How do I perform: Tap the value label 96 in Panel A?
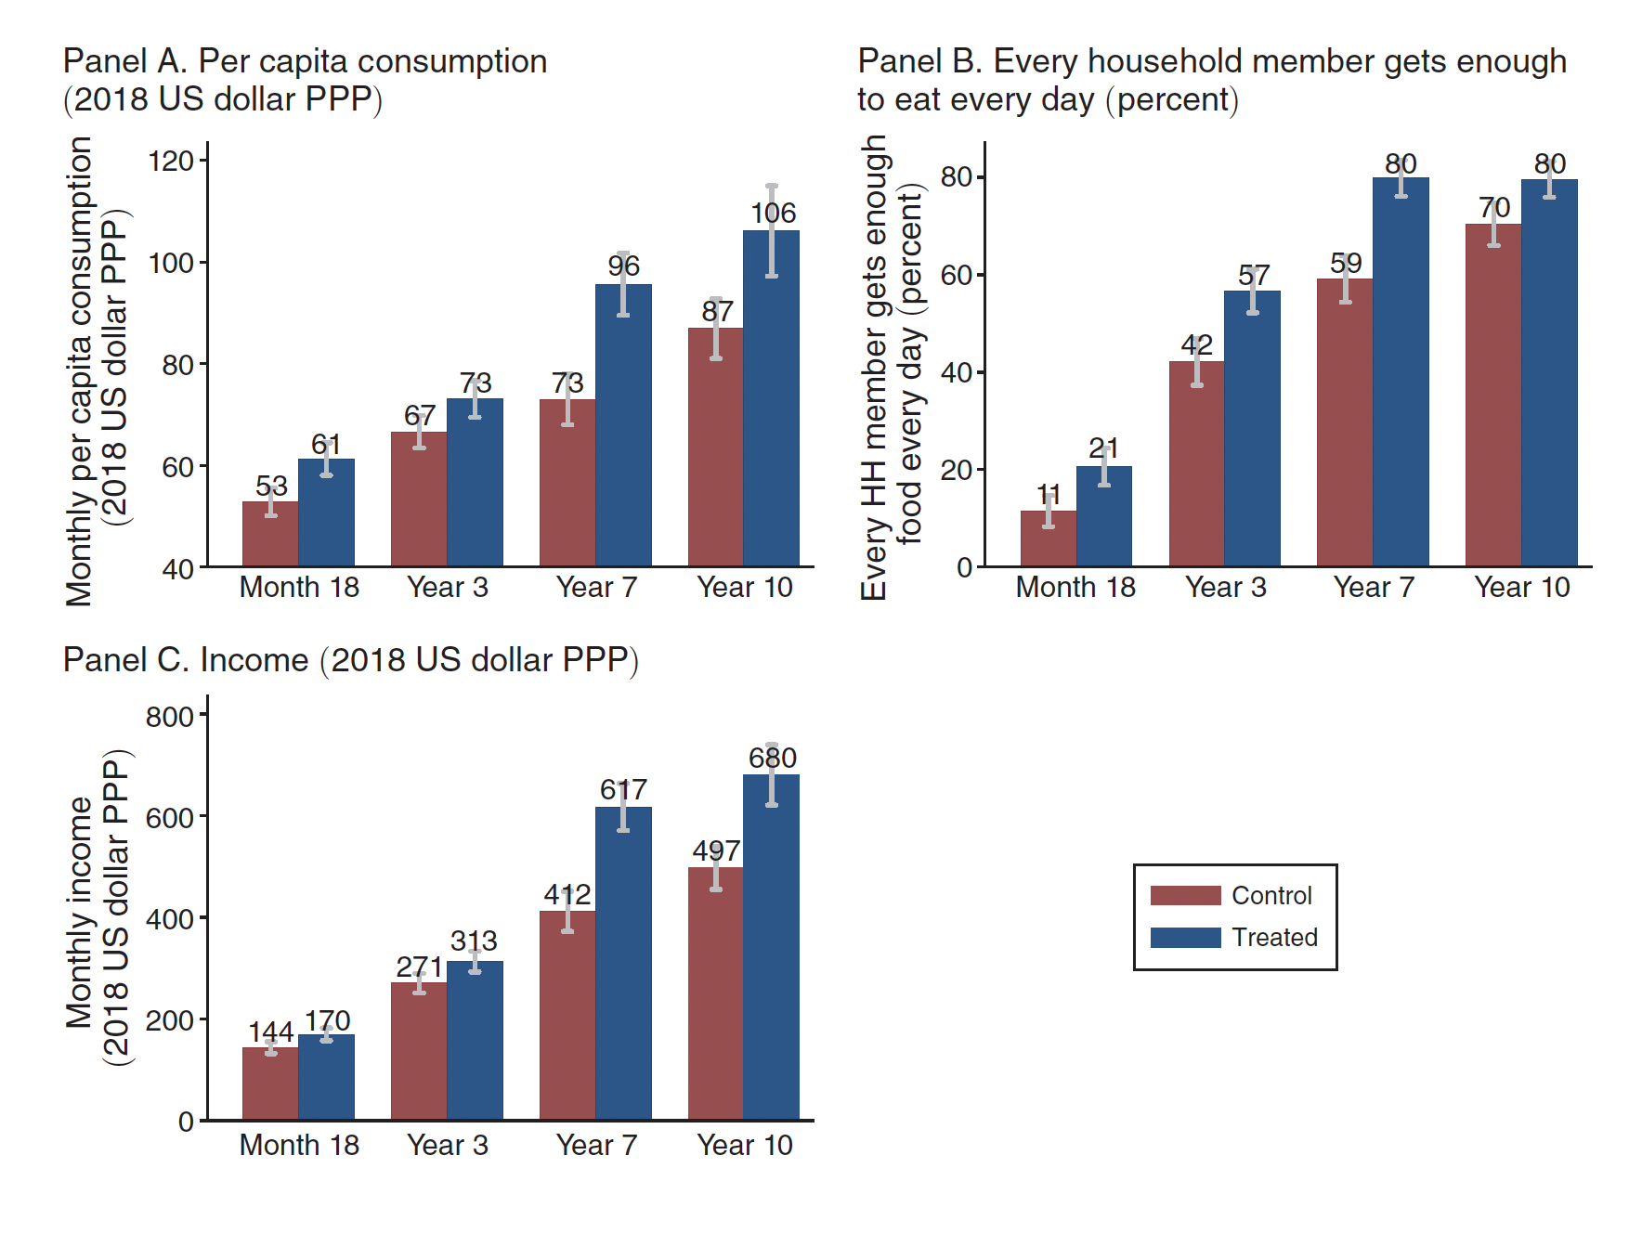[623, 266]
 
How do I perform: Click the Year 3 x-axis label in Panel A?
[447, 588]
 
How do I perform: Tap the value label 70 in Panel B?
[1494, 207]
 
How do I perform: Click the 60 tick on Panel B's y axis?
[957, 275]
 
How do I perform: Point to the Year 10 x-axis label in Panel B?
[1521, 588]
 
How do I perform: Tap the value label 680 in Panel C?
[773, 758]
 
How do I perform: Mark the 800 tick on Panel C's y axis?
[169, 717]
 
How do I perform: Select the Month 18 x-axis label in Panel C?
[299, 1146]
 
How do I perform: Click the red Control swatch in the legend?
[1185, 895]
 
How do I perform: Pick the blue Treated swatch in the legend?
[1185, 938]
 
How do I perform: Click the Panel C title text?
[350, 660]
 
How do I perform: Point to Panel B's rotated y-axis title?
[892, 367]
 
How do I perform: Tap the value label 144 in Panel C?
[270, 1032]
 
